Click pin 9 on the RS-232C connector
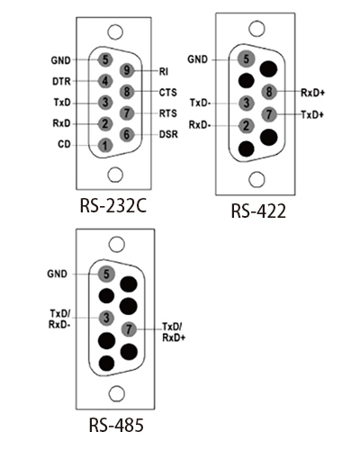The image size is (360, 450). click(127, 70)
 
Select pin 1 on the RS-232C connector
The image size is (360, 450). click(105, 146)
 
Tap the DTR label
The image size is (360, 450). click(61, 81)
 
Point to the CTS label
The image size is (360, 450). click(168, 93)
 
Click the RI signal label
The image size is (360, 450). click(164, 72)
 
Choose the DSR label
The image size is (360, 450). click(168, 134)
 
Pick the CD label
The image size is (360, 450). click(64, 145)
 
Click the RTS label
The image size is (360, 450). click(168, 113)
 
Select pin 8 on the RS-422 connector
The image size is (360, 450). click(269, 92)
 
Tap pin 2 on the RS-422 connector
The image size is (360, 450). click(247, 126)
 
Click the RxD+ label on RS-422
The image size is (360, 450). click(313, 93)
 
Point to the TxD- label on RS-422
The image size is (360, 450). click(201, 103)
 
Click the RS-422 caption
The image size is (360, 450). click(258, 211)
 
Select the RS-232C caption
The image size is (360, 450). click(113, 206)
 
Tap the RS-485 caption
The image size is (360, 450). click(116, 425)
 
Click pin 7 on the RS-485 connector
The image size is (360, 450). click(129, 329)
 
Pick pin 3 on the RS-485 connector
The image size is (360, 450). click(106, 318)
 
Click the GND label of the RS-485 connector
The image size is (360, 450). click(57, 274)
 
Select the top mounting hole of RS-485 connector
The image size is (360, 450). click(116, 245)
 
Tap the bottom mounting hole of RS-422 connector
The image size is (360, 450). click(257, 179)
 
